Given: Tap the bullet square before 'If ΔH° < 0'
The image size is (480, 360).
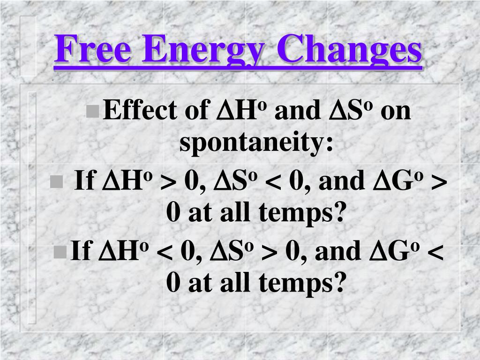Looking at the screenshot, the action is tap(60, 252).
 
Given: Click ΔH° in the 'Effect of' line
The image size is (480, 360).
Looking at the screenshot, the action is tap(241, 109).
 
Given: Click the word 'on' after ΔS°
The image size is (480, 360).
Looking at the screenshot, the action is tap(396, 112).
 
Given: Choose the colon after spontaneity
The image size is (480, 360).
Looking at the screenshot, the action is tap(330, 144).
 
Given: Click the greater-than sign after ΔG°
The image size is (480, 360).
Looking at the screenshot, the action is tap(439, 182).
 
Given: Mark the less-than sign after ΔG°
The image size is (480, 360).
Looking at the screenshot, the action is tap(435, 252).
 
